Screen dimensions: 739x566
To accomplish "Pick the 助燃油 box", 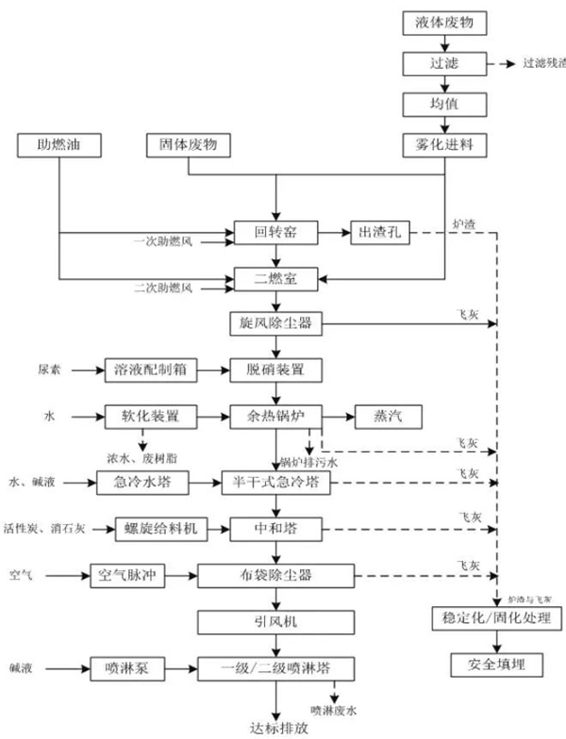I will (x=58, y=145).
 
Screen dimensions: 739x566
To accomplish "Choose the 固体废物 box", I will (x=189, y=145).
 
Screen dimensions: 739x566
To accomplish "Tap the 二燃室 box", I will (x=275, y=278).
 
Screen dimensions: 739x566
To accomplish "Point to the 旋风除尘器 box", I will (x=275, y=324).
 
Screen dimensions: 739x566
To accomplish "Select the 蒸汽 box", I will (x=388, y=416).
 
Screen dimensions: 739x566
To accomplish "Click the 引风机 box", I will (x=275, y=621).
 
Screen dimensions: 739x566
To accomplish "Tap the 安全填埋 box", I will (x=494, y=665).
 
